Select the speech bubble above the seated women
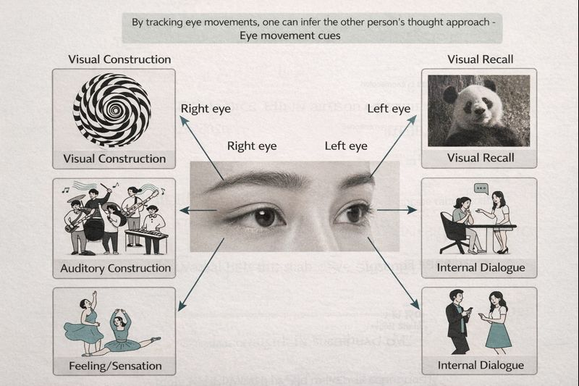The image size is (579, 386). [x=481, y=189]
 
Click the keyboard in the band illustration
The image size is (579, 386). [x=147, y=235]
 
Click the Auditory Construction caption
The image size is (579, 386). [x=115, y=268]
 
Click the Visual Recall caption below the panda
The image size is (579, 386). [x=481, y=158]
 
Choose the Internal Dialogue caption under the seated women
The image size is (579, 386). [x=481, y=268]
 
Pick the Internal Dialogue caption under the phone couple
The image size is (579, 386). [x=481, y=364]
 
